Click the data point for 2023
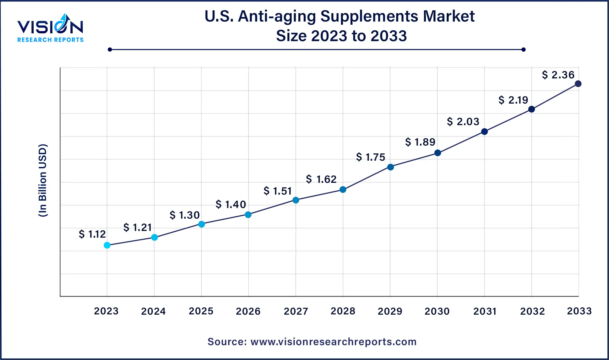[x=107, y=245]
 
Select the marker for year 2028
[x=343, y=190]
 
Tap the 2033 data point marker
[x=578, y=84]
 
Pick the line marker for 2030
[x=437, y=153]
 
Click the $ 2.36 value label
[x=558, y=75]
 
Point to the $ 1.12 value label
[x=92, y=234]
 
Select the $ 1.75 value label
[x=371, y=157]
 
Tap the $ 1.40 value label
[x=231, y=204]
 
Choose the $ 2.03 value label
[x=463, y=122]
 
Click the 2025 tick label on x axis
[x=201, y=311]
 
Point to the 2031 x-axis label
[x=485, y=311]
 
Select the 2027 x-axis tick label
[x=296, y=311]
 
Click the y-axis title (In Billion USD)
[x=43, y=181]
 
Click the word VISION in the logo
[x=50, y=27]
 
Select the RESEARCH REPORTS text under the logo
[x=50, y=40]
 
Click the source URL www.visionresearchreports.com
[x=333, y=342]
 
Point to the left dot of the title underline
[x=110, y=50]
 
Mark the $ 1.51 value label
[x=278, y=191]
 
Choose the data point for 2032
[x=531, y=109]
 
